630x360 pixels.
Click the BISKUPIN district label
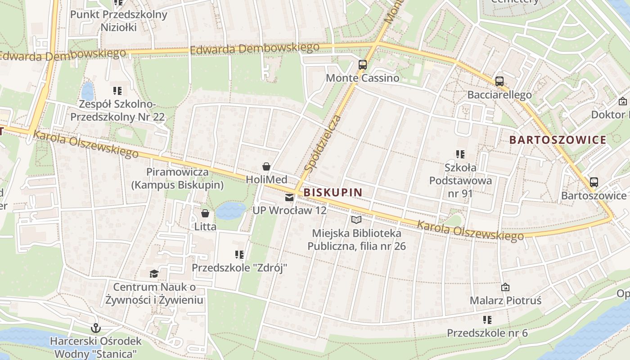pos(333,193)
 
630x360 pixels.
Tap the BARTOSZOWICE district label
pos(558,140)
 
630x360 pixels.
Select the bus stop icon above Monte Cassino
pos(363,64)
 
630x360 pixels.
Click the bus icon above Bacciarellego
pos(499,81)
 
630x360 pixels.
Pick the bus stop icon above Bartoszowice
pos(594,182)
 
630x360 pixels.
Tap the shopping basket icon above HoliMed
pos(266,166)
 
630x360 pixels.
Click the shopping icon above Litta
pos(205,213)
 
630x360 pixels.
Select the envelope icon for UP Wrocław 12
pos(289,197)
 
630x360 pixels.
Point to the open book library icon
pos(356,220)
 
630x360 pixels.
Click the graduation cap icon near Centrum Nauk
pos(154,274)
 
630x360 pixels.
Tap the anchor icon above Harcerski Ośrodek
pos(95,328)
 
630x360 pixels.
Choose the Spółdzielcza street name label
pos(322,143)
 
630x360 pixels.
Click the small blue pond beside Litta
pos(230,210)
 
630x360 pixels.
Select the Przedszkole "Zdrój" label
pos(239,268)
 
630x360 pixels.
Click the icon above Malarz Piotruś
pos(505,287)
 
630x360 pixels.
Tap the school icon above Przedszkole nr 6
pos(487,320)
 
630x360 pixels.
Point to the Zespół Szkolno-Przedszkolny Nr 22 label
pos(117,111)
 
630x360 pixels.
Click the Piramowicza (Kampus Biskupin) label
pos(177,178)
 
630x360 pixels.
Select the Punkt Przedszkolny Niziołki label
pos(119,21)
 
